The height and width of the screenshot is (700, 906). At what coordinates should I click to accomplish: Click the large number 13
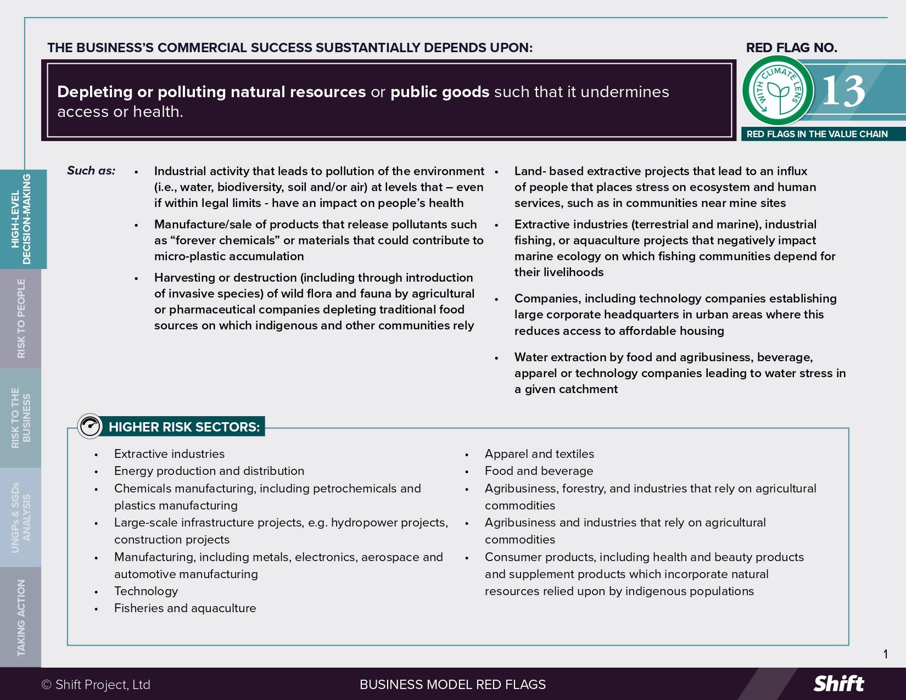pos(843,91)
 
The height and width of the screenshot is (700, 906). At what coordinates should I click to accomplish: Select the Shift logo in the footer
pos(838,684)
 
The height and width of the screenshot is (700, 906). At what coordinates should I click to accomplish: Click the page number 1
pos(885,654)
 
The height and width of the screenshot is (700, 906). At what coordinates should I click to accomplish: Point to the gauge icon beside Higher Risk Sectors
pos(90,426)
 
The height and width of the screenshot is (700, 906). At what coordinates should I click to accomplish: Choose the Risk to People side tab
pos(21,318)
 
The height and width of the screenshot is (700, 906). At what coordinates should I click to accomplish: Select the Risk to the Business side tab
pos(21,418)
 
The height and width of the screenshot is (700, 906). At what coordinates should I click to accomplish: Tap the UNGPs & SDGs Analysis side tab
pos(21,517)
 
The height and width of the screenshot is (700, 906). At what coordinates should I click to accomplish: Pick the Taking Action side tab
pos(21,617)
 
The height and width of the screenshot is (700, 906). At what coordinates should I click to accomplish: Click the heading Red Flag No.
pos(791,48)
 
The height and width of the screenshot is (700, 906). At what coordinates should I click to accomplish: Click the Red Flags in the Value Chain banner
pos(816,134)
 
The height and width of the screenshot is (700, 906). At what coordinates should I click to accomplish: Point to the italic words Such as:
pos(91,171)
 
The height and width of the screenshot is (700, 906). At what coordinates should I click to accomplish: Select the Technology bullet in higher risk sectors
pos(146,591)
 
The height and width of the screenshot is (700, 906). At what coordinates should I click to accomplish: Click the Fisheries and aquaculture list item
pos(185,608)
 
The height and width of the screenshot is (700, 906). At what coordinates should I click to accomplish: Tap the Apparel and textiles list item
pos(539,453)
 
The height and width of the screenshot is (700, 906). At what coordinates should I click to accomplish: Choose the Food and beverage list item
pos(539,471)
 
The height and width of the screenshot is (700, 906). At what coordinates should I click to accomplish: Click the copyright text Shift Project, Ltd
pos(96,685)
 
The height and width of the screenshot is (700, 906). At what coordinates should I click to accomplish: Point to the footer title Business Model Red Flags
pos(452,685)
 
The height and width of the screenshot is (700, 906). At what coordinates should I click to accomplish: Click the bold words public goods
pos(439,92)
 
